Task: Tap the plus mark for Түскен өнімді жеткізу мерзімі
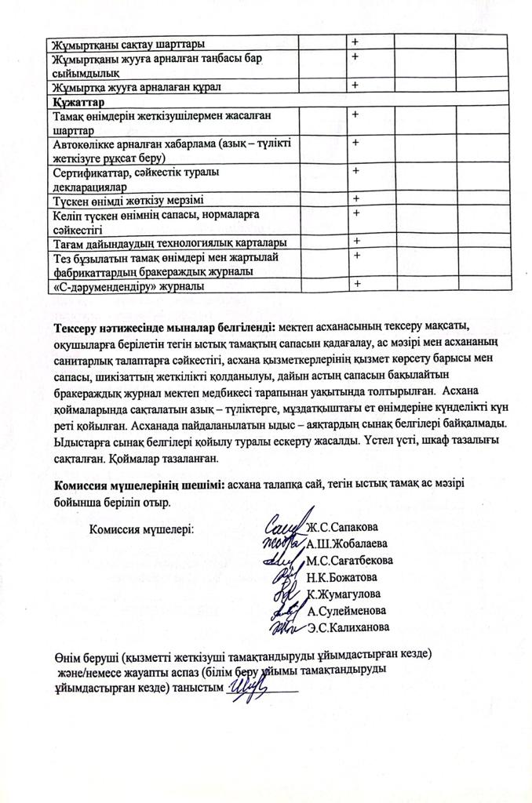(355, 198)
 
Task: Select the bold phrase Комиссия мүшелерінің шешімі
(138, 485)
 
